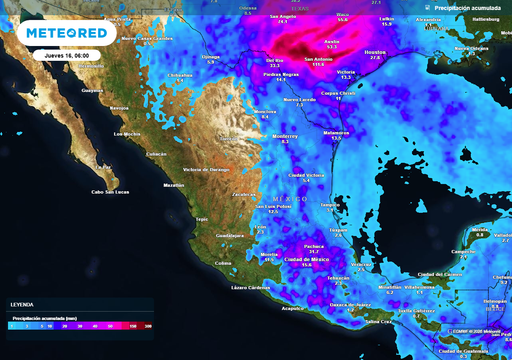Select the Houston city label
[x=376, y=52]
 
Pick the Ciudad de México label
[x=307, y=259]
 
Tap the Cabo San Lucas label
[x=113, y=192]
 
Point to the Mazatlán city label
[x=173, y=185]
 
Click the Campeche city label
[x=462, y=251]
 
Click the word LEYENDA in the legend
[x=22, y=304]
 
